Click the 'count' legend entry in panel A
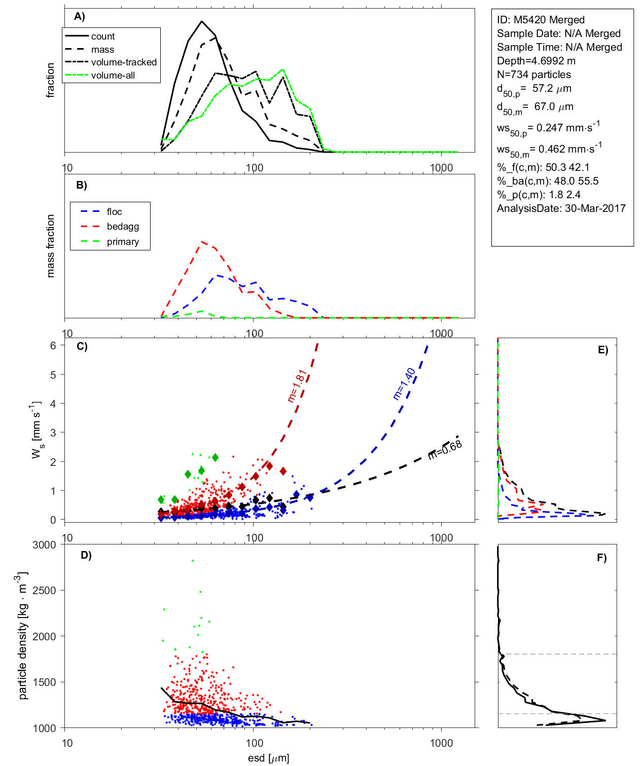pyautogui.click(x=103, y=37)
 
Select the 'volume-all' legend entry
pyautogui.click(x=113, y=76)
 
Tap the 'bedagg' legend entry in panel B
pyautogui.click(x=123, y=227)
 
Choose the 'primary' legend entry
pyautogui.click(x=123, y=242)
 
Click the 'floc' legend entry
pyautogui.click(x=114, y=212)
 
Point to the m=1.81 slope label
pyautogui.click(x=297, y=386)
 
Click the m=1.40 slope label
pyautogui.click(x=404, y=384)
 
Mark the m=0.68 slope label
pyautogui.click(x=445, y=450)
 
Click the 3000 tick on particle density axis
pyautogui.click(x=44, y=545)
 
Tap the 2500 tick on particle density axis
pyautogui.click(x=44, y=591)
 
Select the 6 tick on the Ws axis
pyautogui.click(x=53, y=345)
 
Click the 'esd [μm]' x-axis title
pyautogui.click(x=268, y=758)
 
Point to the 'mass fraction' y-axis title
pyautogui.click(x=50, y=246)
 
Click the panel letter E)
pyautogui.click(x=602, y=350)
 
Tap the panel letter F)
pyautogui.click(x=601, y=558)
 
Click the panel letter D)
pyautogui.click(x=86, y=555)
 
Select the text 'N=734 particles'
pyautogui.click(x=533, y=75)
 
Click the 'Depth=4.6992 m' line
pyautogui.click(x=536, y=61)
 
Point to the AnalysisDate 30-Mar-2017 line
pyautogui.click(x=561, y=208)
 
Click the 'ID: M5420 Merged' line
pyautogui.click(x=541, y=20)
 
